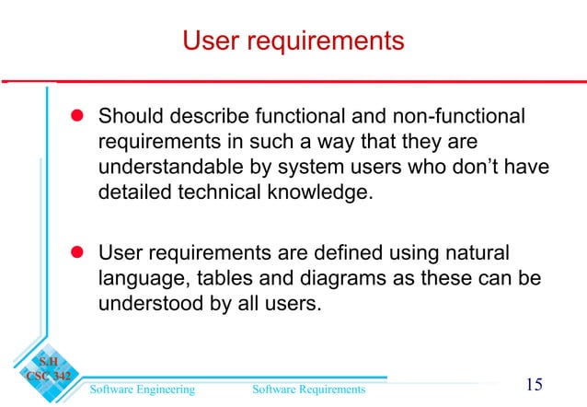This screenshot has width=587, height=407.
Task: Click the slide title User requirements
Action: (x=293, y=41)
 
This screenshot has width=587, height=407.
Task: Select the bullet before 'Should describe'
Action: (x=78, y=117)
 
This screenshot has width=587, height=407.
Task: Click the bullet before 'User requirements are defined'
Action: (x=78, y=251)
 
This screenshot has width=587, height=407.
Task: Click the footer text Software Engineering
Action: (x=142, y=390)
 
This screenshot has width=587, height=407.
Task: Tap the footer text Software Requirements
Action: (x=308, y=390)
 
